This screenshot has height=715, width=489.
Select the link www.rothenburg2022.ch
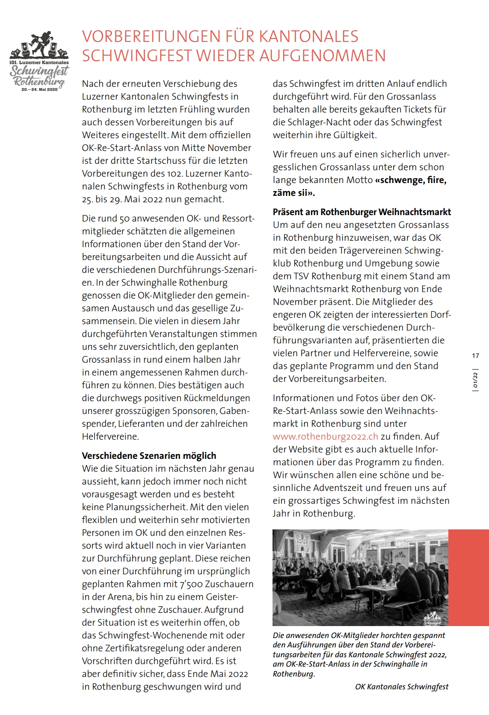click(325, 437)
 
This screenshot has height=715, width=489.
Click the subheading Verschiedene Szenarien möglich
click(149, 456)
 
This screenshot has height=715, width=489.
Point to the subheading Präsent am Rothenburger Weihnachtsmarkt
click(362, 212)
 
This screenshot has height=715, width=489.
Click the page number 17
click(475, 356)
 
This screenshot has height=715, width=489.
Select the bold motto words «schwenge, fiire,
click(410, 180)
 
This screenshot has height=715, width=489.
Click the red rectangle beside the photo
click(468, 577)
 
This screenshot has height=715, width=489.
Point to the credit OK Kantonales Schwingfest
click(402, 687)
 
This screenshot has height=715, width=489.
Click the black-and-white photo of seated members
click(360, 577)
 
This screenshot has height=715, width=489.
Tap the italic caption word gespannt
click(427, 635)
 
